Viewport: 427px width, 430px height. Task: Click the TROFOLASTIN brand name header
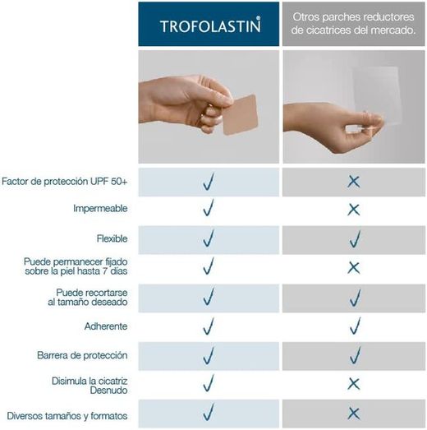(x=209, y=25)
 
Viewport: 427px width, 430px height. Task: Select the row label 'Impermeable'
(x=100, y=210)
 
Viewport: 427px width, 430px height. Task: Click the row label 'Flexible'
(x=112, y=238)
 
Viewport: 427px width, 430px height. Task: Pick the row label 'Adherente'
(x=106, y=326)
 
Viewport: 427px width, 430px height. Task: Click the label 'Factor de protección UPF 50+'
(x=65, y=180)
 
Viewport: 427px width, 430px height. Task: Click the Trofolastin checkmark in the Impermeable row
(x=209, y=209)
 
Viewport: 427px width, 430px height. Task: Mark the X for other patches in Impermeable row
(x=354, y=210)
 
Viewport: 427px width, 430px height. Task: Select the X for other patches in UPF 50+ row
(x=354, y=181)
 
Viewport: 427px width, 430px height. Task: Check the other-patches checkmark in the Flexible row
(x=355, y=238)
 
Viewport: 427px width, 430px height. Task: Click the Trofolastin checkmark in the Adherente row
(x=209, y=326)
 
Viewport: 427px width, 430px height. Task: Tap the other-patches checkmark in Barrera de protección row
(x=355, y=354)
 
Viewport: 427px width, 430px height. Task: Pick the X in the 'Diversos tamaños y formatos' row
(x=354, y=414)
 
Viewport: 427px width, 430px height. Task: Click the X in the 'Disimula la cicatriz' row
(x=354, y=384)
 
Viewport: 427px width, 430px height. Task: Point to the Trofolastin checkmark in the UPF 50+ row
(x=209, y=180)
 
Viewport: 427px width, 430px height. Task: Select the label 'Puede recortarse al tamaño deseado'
(x=91, y=298)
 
